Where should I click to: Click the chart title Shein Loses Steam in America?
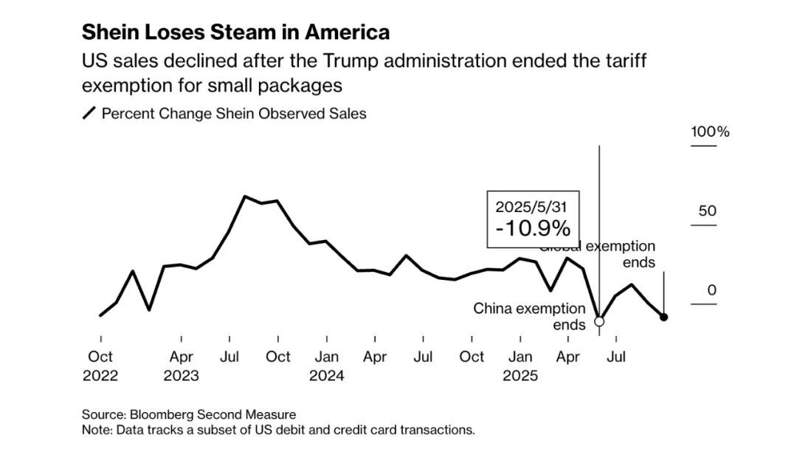(235, 32)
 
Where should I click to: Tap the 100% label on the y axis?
(710, 132)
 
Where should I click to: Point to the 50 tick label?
(708, 211)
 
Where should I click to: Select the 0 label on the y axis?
(712, 290)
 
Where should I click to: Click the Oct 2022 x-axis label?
(100, 366)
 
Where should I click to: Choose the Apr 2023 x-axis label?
(181, 366)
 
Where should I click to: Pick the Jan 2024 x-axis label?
(326, 366)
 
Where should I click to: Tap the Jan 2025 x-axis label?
(520, 366)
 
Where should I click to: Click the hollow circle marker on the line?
(599, 321)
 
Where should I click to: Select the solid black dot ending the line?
(663, 317)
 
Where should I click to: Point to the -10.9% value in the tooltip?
(533, 227)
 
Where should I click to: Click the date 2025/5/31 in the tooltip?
(533, 206)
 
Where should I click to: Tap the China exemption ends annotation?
(529, 315)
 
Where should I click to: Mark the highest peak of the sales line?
(245, 196)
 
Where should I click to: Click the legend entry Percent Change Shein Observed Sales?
(233, 114)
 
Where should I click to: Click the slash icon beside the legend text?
(89, 114)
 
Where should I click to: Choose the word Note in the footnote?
(96, 430)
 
